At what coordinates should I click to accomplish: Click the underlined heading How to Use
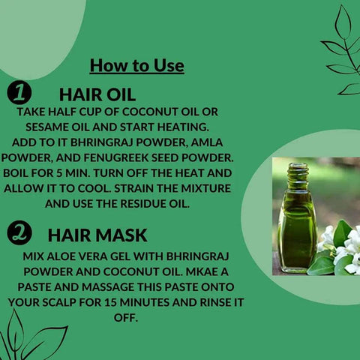pos(137,66)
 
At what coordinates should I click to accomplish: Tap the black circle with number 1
pos(19,92)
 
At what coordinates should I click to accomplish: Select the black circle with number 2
pos(19,233)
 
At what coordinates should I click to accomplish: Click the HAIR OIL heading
pos(97,94)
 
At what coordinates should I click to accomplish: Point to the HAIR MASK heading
pos(97,235)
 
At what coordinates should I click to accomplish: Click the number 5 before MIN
pos(59,173)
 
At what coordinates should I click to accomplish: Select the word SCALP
pos(59,302)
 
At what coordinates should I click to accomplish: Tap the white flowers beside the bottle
pos(343,250)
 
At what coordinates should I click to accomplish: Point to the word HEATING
pos(183,127)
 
